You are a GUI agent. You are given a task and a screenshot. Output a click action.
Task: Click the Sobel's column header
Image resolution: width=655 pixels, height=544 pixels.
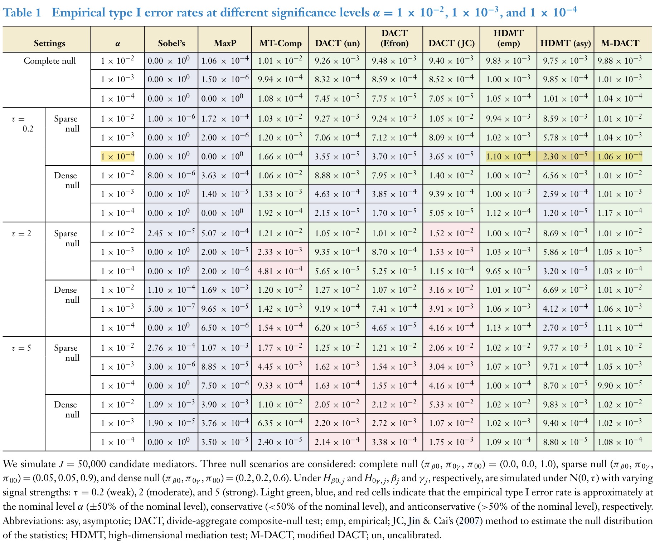pos(171,43)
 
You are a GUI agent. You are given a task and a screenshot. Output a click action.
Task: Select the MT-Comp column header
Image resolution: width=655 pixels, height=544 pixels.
pos(280,43)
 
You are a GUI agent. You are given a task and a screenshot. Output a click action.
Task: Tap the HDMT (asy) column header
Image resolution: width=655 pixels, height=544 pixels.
pos(566,43)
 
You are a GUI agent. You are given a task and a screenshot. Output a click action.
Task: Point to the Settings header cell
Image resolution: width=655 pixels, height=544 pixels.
pos(49,43)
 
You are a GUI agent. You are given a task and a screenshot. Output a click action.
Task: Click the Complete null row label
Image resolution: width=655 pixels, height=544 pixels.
pos(50,61)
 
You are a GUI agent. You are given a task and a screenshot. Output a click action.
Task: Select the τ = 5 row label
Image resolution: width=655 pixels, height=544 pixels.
pos(21,348)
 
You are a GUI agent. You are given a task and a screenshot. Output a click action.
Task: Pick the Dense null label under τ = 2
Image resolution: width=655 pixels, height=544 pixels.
pos(66,295)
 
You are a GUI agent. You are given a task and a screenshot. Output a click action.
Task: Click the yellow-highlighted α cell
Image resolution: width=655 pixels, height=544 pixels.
pos(117,156)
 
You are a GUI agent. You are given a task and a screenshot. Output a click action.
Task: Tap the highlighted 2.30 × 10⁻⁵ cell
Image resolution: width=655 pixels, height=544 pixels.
pos(565,156)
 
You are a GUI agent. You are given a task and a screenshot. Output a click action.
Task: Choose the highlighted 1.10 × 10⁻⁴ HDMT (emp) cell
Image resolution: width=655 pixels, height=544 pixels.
pos(508,156)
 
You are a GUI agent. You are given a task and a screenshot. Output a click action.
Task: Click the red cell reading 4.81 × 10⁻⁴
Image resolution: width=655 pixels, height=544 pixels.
pos(280,271)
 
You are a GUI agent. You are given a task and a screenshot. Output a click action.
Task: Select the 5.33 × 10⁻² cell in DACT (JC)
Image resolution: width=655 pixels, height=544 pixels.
pos(451,404)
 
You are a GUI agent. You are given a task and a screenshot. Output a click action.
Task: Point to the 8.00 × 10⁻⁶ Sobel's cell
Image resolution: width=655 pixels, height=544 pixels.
pos(171,175)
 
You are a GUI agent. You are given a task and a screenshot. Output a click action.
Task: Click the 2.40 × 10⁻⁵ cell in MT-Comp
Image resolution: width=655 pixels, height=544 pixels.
pos(280,442)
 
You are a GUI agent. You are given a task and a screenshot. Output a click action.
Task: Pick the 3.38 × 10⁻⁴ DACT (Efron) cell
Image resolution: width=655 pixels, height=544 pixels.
pos(394,442)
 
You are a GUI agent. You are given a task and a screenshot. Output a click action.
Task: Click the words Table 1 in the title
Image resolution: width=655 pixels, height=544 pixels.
pos(22,13)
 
